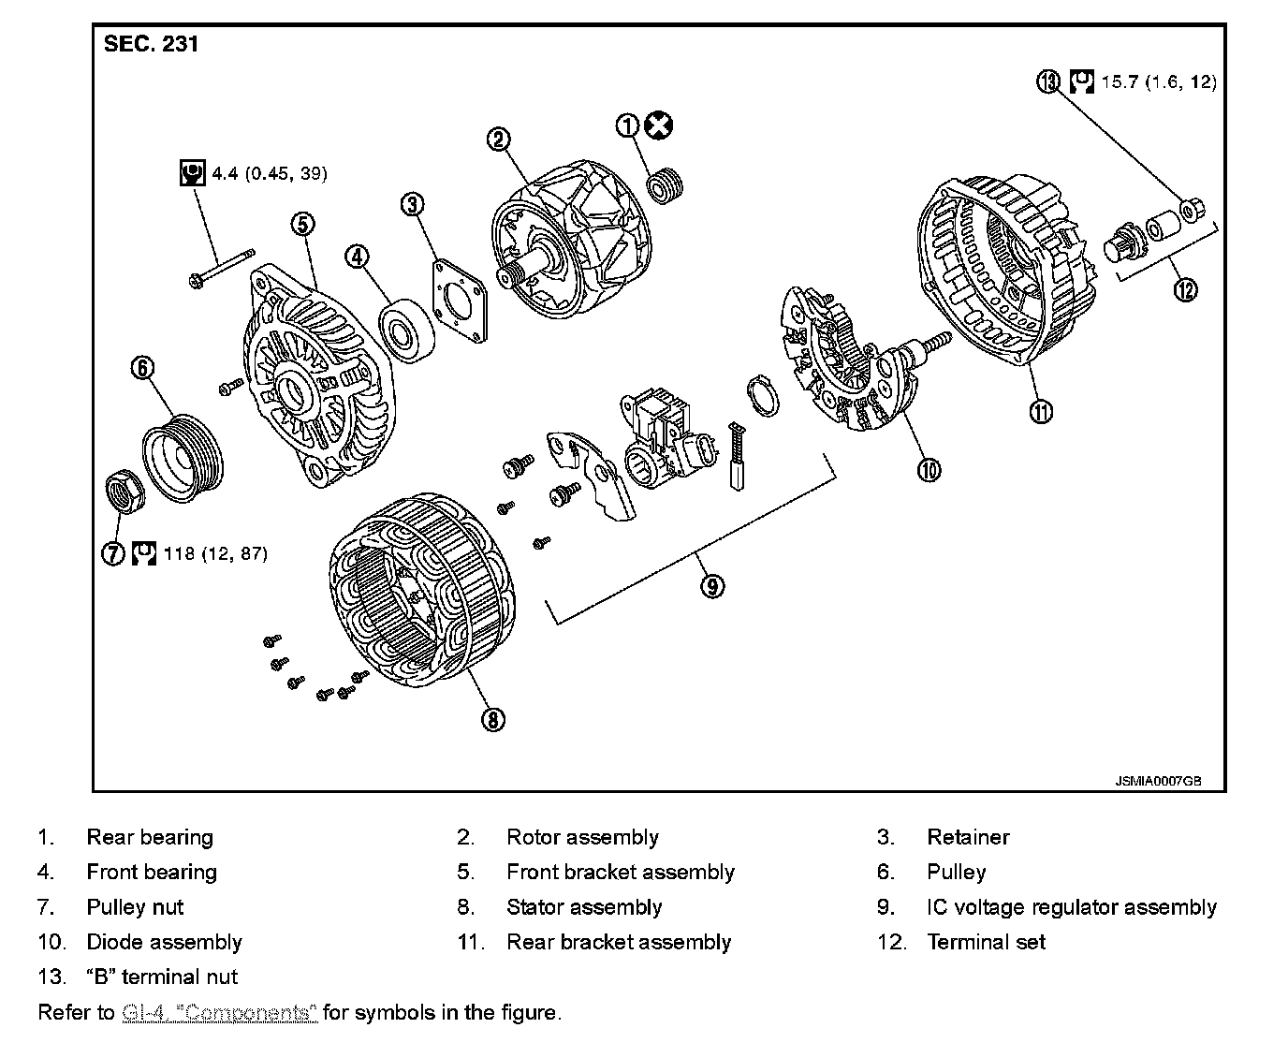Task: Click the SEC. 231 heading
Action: tap(151, 44)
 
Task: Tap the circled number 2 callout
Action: tap(499, 140)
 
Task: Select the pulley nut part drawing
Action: tap(121, 491)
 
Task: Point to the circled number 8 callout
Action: tap(492, 719)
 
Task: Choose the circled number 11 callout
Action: tap(1041, 410)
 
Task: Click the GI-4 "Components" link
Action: tap(220, 1012)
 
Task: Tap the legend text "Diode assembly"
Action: tap(164, 942)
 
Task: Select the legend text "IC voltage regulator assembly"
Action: tap(1071, 906)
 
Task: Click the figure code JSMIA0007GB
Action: tap(1158, 780)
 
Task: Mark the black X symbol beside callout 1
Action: tap(661, 125)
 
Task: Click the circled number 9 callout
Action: tap(712, 586)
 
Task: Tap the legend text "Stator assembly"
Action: tap(584, 906)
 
